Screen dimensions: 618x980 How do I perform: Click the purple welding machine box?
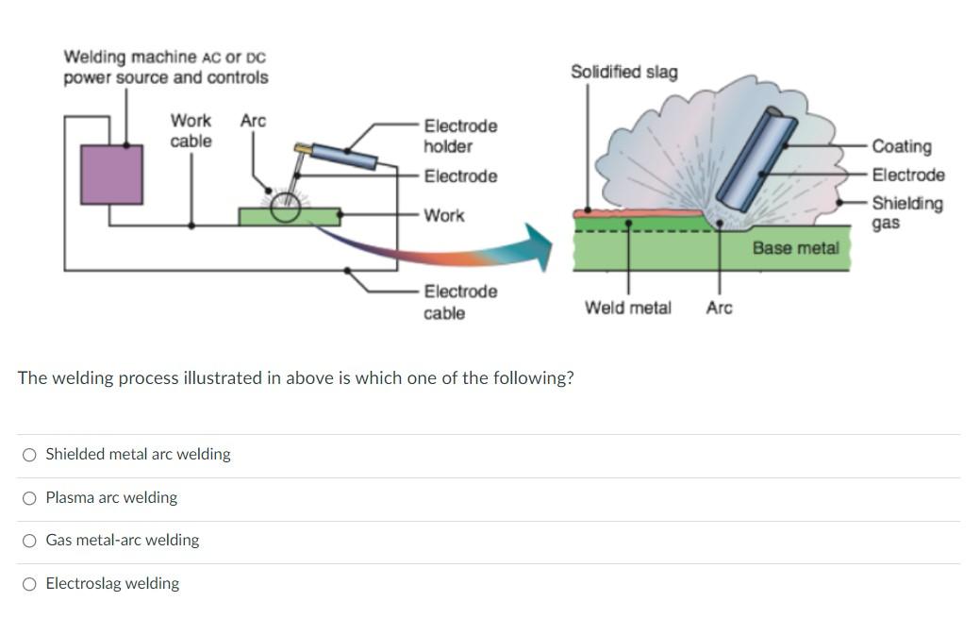coord(111,175)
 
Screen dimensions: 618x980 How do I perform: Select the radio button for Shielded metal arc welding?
coord(30,455)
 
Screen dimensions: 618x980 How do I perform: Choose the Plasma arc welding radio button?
coord(30,498)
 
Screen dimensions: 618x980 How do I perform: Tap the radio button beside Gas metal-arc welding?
coord(30,541)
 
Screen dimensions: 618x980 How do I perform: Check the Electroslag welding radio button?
coord(30,584)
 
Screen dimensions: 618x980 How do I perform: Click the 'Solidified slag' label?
coord(623,73)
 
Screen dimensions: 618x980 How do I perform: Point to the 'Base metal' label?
coord(794,248)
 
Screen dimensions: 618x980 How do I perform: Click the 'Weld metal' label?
coord(627,309)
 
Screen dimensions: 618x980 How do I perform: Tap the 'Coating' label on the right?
coord(901,146)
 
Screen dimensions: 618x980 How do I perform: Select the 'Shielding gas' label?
coord(905,213)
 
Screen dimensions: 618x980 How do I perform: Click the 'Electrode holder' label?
coord(460,136)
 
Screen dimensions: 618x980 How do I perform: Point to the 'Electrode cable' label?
coord(459,302)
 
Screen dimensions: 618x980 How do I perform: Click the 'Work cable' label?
coord(191,131)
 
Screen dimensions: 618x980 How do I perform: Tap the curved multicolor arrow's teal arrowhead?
coord(539,246)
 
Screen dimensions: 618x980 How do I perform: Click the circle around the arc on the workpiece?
coord(285,206)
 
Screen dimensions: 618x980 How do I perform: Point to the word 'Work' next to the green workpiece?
coord(443,216)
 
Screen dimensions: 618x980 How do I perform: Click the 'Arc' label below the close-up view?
coord(719,309)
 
